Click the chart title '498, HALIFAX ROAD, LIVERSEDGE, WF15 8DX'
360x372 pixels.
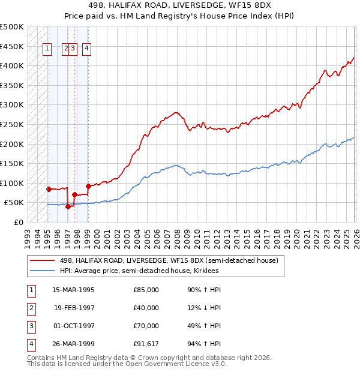(180, 7)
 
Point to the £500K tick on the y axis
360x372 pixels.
(12, 27)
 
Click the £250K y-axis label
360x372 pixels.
(12, 125)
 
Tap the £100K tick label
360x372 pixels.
(12, 183)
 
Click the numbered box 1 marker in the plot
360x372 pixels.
(47, 49)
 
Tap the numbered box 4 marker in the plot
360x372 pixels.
(87, 49)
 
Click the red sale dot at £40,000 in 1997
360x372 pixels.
(68, 206)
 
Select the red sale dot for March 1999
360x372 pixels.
(88, 186)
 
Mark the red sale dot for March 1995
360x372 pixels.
(49, 189)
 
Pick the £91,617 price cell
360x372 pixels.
(145, 344)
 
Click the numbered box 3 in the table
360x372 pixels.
(30, 326)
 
